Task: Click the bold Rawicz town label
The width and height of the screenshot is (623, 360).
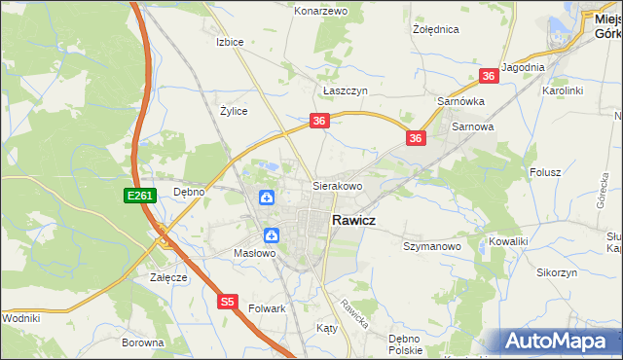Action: click(x=355, y=221)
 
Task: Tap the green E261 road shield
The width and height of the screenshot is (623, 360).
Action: click(x=137, y=197)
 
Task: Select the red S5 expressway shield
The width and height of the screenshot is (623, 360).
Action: click(x=227, y=302)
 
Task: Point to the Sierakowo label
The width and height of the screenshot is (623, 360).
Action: click(x=337, y=185)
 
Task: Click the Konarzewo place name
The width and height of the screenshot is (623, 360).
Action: click(x=321, y=11)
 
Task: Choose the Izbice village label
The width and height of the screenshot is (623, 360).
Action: click(x=229, y=43)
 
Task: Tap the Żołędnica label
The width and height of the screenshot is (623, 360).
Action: click(x=435, y=29)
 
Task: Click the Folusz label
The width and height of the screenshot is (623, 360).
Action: click(x=546, y=172)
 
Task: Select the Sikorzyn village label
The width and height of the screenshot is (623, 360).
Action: click(x=556, y=273)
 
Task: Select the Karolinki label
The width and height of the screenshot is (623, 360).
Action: click(x=562, y=90)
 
